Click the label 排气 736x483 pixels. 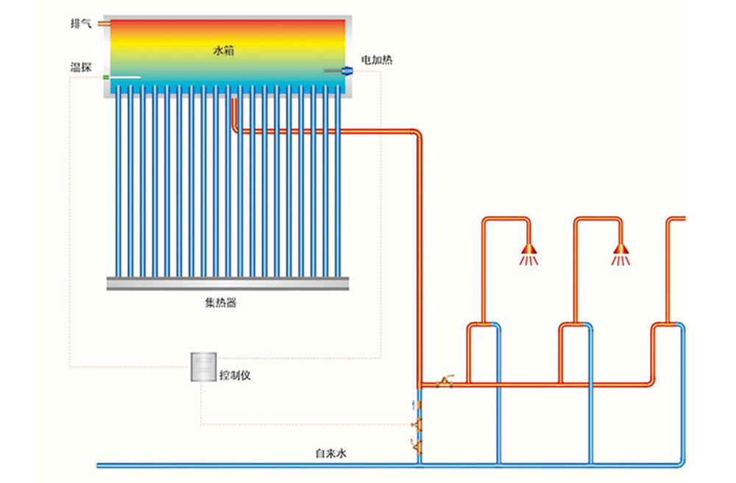point(81,24)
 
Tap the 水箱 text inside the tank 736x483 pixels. point(224,51)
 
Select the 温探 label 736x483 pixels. point(81,68)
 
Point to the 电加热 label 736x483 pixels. point(376,60)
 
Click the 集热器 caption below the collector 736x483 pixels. point(221,303)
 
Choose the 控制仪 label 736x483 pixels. point(235,375)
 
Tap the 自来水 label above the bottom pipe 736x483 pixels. point(330,454)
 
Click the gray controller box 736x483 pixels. point(203,367)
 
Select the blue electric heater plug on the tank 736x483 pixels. point(347,71)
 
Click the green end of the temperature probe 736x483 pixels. point(106,77)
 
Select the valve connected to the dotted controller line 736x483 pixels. point(417,424)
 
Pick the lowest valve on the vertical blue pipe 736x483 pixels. point(417,446)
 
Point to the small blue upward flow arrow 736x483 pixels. point(414,404)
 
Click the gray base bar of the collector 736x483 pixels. point(227,283)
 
